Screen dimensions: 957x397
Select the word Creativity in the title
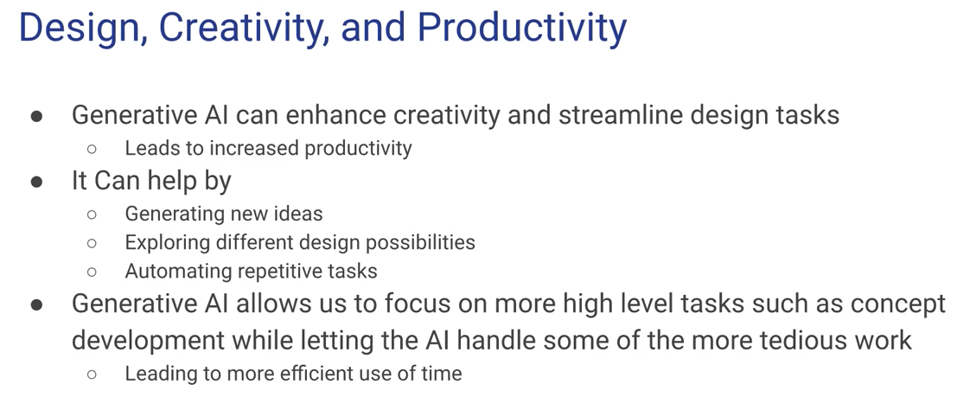239,28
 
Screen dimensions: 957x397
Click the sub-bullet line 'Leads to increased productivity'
269,149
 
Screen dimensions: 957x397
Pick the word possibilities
420,242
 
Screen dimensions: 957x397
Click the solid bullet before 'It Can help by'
36,182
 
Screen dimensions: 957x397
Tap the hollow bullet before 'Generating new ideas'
92,215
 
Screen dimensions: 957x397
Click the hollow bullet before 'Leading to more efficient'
92,374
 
